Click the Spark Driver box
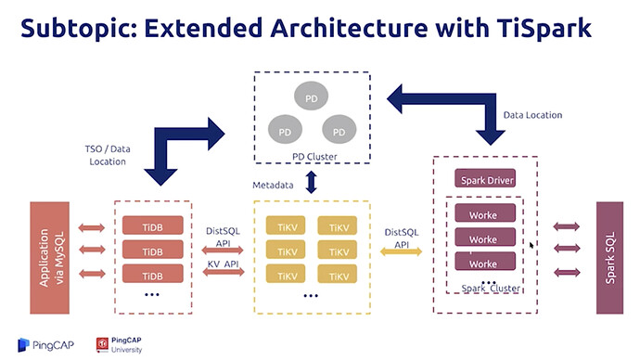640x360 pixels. (485, 178)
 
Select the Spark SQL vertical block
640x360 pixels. (609, 258)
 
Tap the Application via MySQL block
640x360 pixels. (50, 258)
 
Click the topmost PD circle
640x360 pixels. (311, 96)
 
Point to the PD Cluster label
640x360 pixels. (314, 157)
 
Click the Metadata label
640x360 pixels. (273, 186)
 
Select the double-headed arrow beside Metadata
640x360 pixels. (312, 182)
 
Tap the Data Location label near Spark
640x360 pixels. (532, 115)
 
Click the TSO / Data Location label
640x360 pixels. (108, 155)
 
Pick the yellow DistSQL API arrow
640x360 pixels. (402, 251)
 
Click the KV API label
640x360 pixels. (223, 264)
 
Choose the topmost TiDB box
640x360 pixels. (153, 225)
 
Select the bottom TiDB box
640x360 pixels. (153, 274)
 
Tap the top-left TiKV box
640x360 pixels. (286, 225)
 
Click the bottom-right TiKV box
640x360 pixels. (337, 275)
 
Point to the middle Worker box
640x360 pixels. (485, 238)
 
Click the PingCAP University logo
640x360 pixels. (119, 345)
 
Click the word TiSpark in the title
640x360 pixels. (544, 28)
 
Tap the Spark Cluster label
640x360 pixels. (491, 289)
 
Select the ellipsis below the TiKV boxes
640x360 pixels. (311, 295)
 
